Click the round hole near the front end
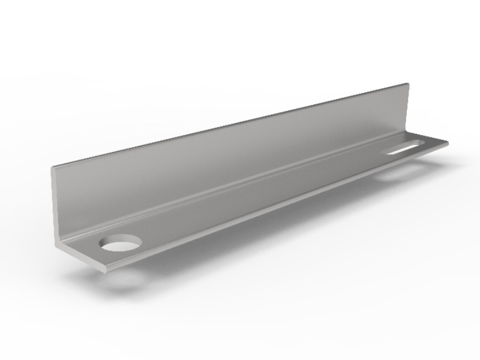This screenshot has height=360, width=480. [120, 243]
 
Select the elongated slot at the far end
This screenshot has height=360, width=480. [406, 147]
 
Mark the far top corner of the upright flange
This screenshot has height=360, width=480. [408, 84]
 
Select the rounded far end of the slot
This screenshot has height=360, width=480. [422, 142]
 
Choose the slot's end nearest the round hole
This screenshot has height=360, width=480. [390, 152]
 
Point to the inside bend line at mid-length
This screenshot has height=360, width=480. [240, 188]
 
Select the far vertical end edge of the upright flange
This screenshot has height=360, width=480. [409, 108]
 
